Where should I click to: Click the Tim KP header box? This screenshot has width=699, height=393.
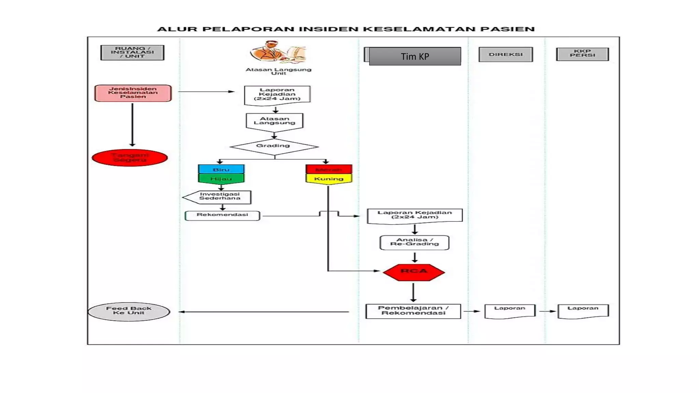tap(415, 56)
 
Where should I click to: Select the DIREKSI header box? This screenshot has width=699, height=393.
tap(505, 55)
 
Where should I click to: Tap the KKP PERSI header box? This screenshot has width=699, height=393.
tap(582, 54)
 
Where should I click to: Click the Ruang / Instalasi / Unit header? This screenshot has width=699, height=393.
tap(132, 53)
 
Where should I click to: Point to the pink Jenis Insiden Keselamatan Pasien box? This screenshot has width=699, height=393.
tap(133, 93)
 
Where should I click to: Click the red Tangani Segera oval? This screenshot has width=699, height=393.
tap(130, 158)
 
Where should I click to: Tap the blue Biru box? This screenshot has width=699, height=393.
tap(221, 170)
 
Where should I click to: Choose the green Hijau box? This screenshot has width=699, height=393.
tap(221, 179)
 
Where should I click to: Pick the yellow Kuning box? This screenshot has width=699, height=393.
tap(329, 179)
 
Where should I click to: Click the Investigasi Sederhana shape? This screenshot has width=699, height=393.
tap(218, 197)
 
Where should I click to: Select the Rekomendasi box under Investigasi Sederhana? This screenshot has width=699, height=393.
tap(222, 216)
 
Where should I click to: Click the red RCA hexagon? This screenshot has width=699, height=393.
tap(414, 272)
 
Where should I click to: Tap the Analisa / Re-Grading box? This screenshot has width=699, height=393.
tap(414, 243)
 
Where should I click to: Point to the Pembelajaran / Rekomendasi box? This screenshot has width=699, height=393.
tap(413, 311)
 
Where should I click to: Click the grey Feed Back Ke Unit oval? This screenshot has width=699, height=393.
tap(129, 311)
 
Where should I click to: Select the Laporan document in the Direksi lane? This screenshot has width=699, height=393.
tap(510, 311)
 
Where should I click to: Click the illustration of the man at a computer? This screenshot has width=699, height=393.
tap(278, 52)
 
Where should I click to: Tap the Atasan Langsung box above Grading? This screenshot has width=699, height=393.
tap(274, 121)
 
